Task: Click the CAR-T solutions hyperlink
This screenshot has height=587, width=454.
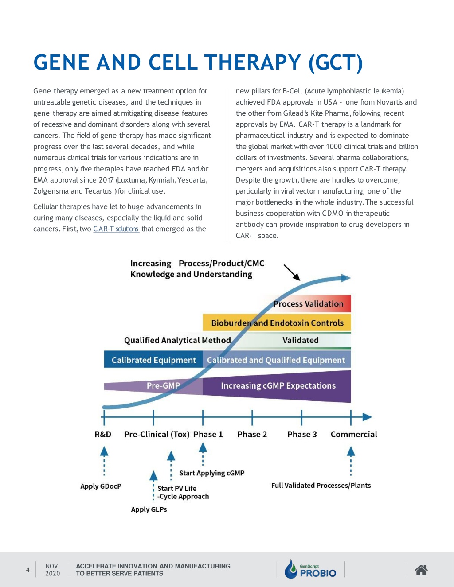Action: (116, 229)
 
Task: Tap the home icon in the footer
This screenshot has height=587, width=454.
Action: (421, 570)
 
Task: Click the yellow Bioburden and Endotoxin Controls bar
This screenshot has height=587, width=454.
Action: (277, 323)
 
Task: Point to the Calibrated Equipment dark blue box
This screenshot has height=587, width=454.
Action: (153, 360)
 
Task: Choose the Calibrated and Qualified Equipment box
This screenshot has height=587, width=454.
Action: (277, 360)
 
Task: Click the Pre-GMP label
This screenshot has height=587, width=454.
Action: (163, 385)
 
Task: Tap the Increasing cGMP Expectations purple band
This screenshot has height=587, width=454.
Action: (277, 386)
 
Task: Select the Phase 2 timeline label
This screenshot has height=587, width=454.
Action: (252, 434)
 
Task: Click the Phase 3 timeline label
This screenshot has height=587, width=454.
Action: (302, 434)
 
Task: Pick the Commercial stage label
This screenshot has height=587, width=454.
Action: (354, 434)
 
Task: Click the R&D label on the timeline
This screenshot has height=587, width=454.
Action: (103, 434)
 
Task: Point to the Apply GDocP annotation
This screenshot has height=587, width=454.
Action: (101, 486)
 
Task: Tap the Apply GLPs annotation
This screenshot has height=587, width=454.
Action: (149, 509)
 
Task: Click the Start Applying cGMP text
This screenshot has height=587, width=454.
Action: (212, 473)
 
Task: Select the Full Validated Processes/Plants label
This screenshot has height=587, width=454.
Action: (321, 486)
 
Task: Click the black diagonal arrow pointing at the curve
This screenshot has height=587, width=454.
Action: (292, 272)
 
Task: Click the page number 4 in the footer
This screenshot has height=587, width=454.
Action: (28, 570)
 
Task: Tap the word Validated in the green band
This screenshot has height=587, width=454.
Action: (301, 340)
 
